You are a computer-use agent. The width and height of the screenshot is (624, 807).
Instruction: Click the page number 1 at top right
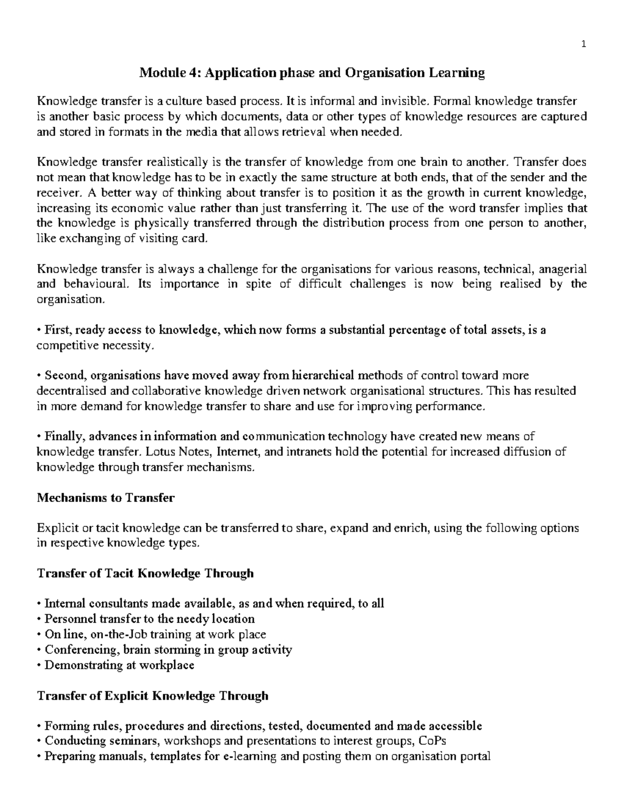point(584,44)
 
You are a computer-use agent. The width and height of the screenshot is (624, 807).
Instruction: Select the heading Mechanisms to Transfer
point(106,498)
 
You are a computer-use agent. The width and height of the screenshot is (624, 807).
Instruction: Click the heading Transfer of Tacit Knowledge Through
point(145,573)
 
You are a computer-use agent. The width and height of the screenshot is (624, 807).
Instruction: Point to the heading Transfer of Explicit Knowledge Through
point(152,695)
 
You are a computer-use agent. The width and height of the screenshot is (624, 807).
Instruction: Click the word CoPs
point(432,740)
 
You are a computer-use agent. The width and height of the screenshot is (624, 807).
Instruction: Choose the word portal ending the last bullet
point(474,756)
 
